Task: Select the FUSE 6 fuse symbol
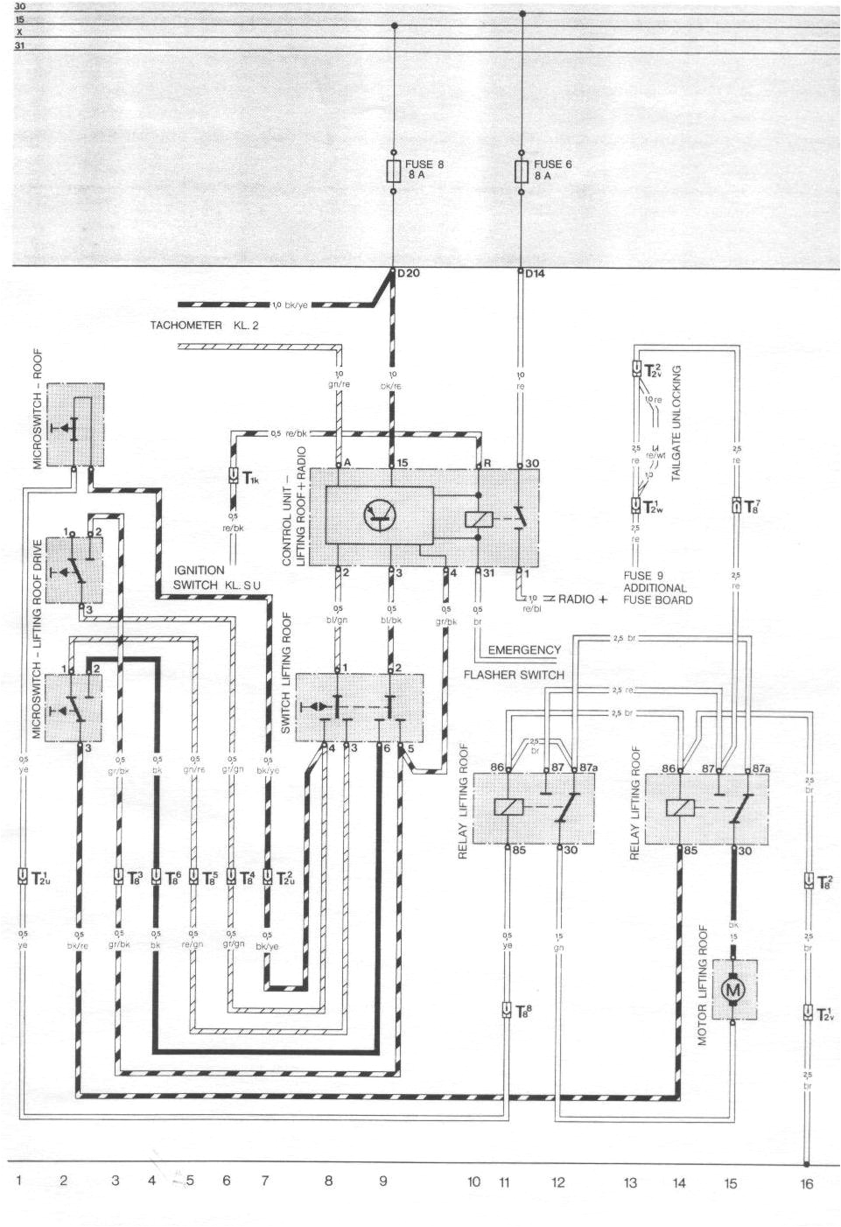(x=522, y=170)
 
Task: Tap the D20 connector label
(x=409, y=274)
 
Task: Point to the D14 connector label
(x=535, y=274)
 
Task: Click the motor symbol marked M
(x=730, y=989)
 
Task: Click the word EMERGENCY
(x=523, y=650)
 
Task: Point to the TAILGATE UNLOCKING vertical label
(x=676, y=424)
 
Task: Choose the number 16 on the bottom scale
(x=806, y=1183)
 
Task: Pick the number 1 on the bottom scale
(x=18, y=1181)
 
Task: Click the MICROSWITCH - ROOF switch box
(x=76, y=424)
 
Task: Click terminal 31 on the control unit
(x=487, y=573)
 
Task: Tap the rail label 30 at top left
(x=20, y=7)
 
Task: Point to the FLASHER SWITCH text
(x=514, y=675)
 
